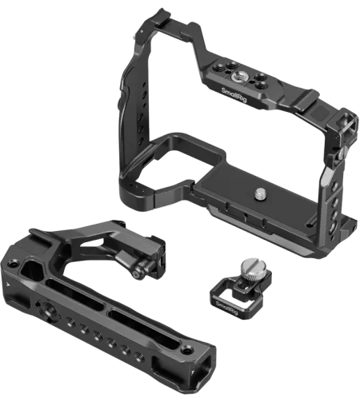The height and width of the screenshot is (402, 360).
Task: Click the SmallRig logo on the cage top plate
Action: [234, 95]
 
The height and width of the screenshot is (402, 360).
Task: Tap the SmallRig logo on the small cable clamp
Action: [226, 308]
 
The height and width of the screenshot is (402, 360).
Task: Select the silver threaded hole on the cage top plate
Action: [236, 78]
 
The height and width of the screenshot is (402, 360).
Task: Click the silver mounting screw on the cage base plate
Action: [260, 193]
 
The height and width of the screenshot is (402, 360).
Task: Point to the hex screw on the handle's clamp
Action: [138, 275]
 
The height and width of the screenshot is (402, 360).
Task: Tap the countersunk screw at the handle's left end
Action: [12, 264]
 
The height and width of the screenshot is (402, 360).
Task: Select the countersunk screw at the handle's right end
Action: [186, 349]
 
